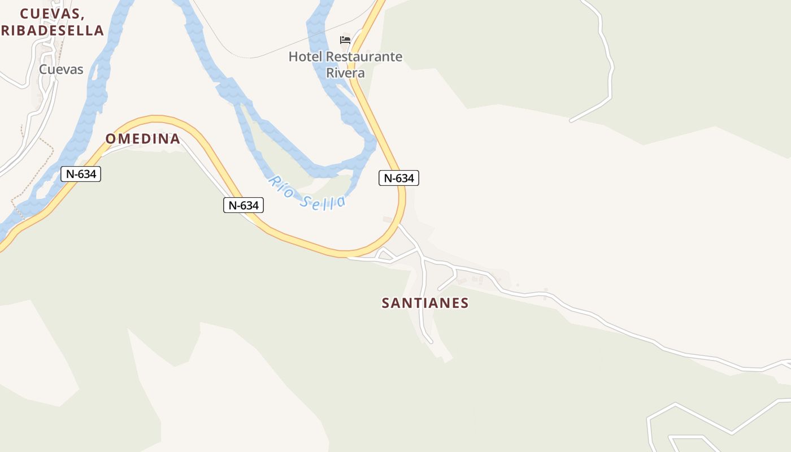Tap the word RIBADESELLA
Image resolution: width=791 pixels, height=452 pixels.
[53, 31]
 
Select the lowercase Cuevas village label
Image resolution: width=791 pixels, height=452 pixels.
[61, 69]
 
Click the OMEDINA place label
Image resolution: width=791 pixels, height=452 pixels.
[143, 138]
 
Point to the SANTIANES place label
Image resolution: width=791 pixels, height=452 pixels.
[425, 303]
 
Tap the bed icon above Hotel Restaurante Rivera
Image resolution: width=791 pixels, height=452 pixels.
[345, 40]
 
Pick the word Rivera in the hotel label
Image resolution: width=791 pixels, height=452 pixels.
[345, 73]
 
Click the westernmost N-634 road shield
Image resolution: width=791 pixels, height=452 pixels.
[81, 174]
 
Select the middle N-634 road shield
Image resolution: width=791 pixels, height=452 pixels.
[244, 205]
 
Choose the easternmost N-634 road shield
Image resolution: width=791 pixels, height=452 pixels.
[399, 178]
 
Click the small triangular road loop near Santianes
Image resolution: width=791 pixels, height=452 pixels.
[385, 255]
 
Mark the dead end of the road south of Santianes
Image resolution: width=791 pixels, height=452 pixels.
[431, 342]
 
